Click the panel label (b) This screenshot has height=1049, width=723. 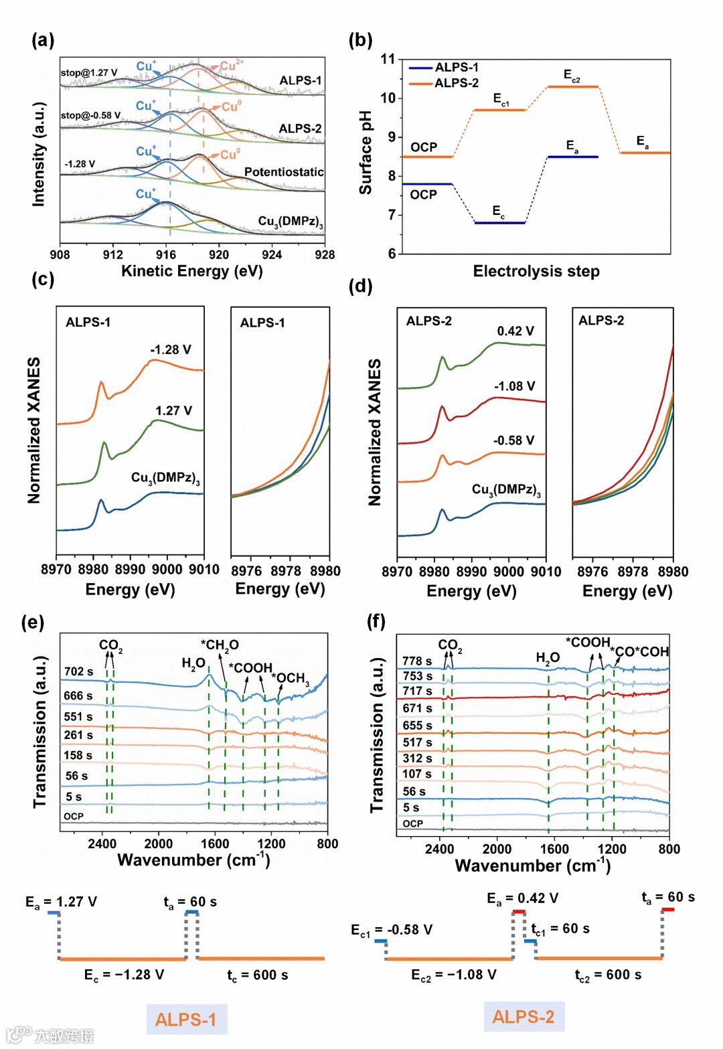pyautogui.click(x=360, y=40)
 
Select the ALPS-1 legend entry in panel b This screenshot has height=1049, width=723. pyautogui.click(x=456, y=68)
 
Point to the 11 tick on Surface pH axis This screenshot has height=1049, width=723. pyautogui.click(x=388, y=60)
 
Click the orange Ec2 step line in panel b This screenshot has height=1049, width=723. pyautogui.click(x=572, y=87)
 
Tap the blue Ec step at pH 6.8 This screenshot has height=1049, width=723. pyautogui.click(x=499, y=222)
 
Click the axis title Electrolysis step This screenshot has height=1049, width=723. pyautogui.click(x=536, y=271)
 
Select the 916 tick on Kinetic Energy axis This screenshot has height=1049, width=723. pyautogui.click(x=166, y=254)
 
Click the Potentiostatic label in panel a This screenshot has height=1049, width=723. pyautogui.click(x=284, y=172)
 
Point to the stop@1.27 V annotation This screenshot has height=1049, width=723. pyautogui.click(x=89, y=72)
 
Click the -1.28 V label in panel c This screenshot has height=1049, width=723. pyautogui.click(x=171, y=349)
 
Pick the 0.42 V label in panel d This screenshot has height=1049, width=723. pyautogui.click(x=515, y=331)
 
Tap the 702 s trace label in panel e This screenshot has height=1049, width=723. pyautogui.click(x=79, y=671)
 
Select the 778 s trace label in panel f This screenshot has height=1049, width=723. pyautogui.click(x=417, y=661)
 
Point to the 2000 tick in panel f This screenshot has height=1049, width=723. pyautogui.click(x=497, y=849)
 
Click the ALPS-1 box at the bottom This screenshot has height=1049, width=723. pyautogui.click(x=186, y=1020)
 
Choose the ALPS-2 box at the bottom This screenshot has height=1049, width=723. pyautogui.click(x=524, y=1017)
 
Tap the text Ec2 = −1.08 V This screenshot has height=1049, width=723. pyautogui.click(x=454, y=975)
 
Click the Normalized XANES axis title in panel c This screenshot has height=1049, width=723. pyautogui.click(x=33, y=430)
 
